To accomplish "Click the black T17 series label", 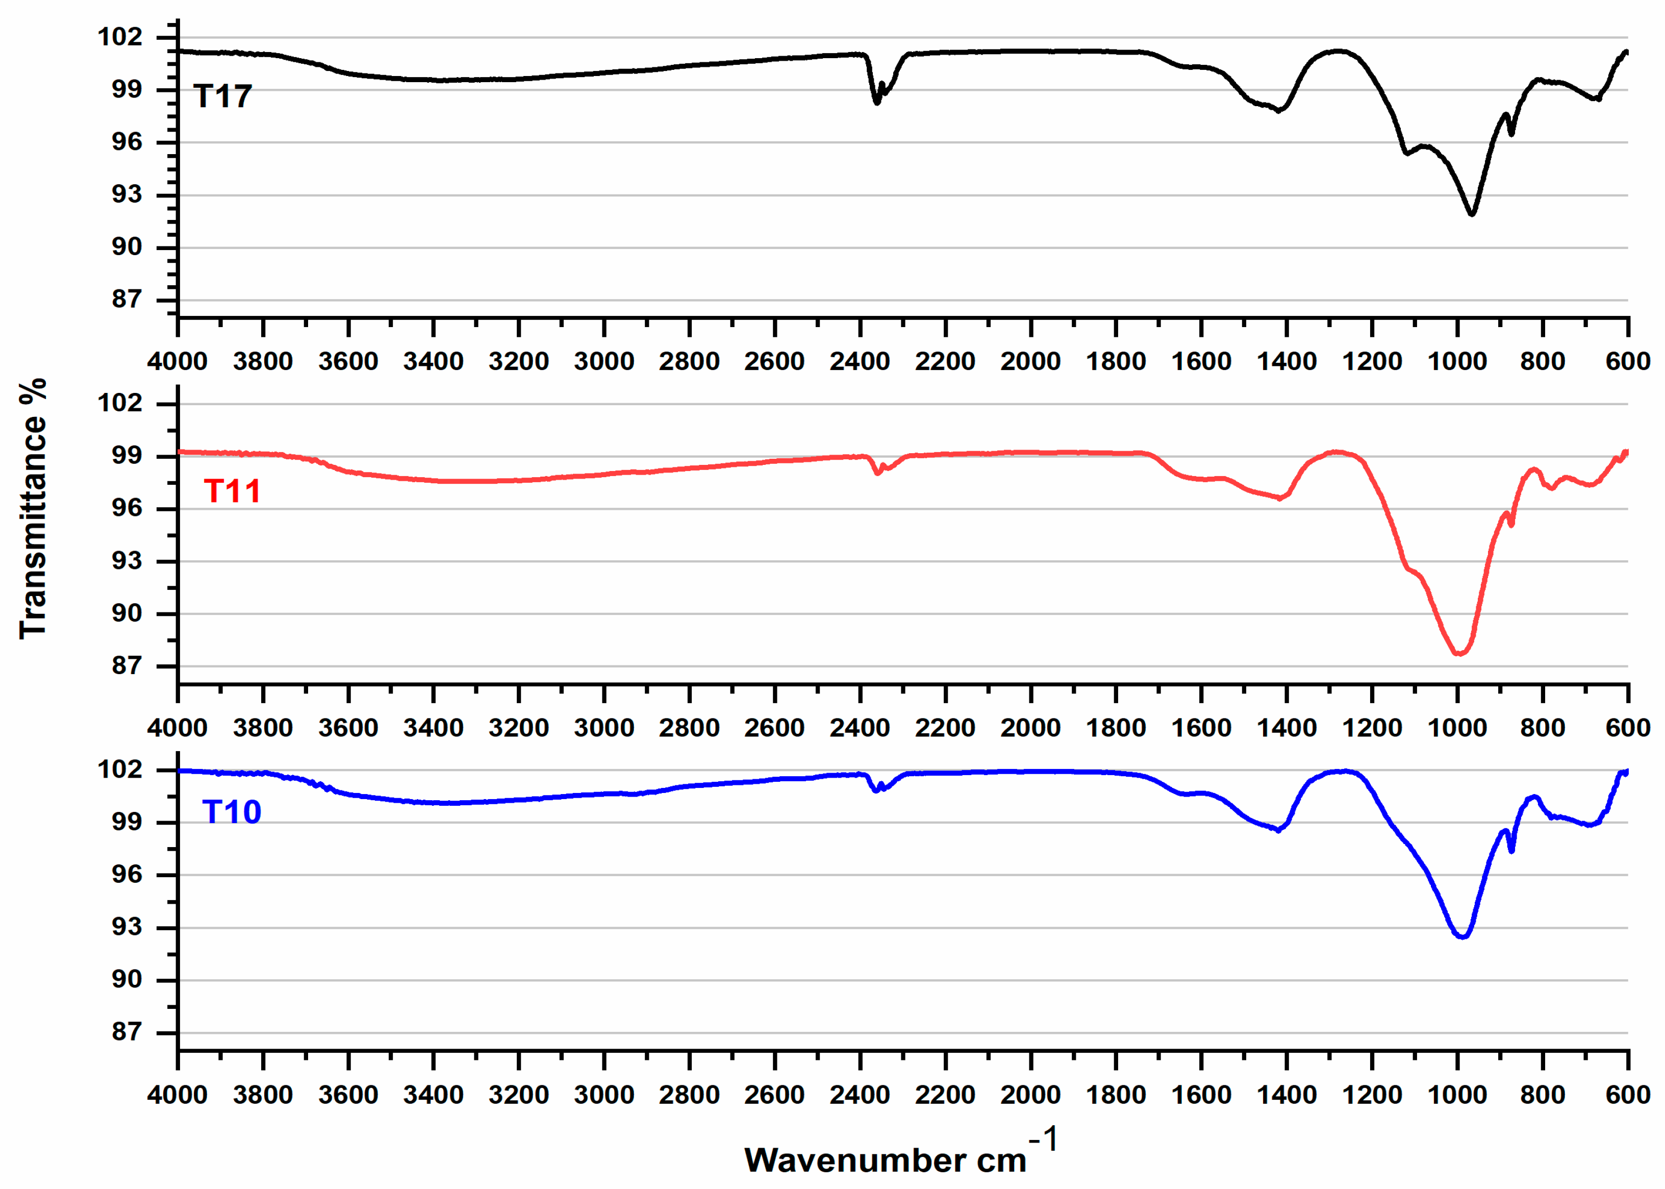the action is pyautogui.click(x=222, y=96).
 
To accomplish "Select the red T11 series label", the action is pyautogui.click(x=232, y=491).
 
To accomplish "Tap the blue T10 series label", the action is pyautogui.click(x=231, y=812).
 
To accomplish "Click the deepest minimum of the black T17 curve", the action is pyautogui.click(x=1472, y=214).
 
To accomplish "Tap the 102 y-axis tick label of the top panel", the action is pyautogui.click(x=120, y=37).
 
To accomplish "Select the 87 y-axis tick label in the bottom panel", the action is pyautogui.click(x=127, y=1032).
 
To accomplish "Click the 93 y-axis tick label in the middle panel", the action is pyautogui.click(x=127, y=561).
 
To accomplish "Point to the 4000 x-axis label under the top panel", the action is pyautogui.click(x=178, y=362).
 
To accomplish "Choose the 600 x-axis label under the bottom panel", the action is pyautogui.click(x=1628, y=1095).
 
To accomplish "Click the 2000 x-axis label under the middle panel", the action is pyautogui.click(x=1030, y=729).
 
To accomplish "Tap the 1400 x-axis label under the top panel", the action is pyautogui.click(x=1286, y=362).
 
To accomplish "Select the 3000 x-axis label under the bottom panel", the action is pyautogui.click(x=604, y=1095).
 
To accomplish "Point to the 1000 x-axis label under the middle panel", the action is pyautogui.click(x=1457, y=729).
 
